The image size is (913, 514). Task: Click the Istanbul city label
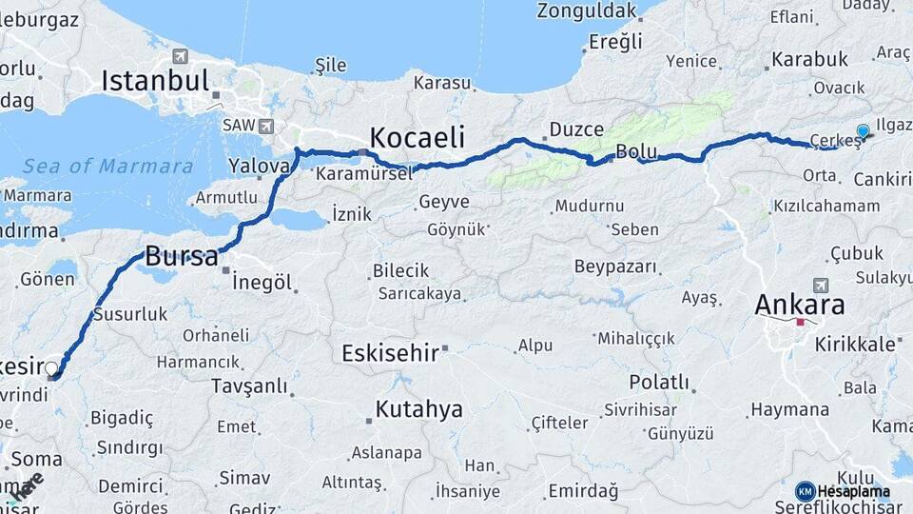154,80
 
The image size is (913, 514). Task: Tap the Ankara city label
799,305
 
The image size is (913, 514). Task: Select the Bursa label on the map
181,255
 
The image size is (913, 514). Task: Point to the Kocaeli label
417,136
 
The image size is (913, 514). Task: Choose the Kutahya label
418,409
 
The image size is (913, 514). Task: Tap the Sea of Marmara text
107,166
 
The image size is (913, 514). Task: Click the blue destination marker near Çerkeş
863,132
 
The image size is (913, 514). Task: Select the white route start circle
51,368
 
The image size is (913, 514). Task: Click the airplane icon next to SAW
264,126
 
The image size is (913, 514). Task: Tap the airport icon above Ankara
821,284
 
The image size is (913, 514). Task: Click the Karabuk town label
809,59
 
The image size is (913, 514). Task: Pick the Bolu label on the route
636,150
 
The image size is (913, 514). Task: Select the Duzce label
576,129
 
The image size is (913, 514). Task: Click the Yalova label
258,166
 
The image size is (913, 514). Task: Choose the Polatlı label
659,382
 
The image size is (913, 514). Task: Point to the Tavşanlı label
249,385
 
